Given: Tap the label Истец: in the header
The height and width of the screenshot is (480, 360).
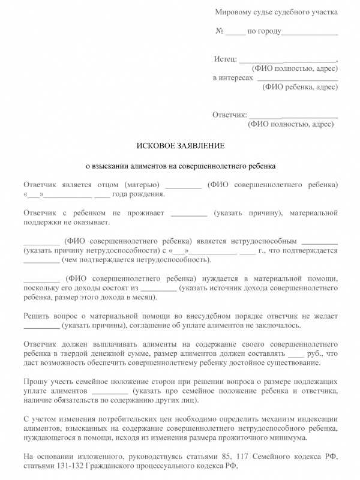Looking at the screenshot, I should tap(225, 59).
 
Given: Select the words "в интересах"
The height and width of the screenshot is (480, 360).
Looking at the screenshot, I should tap(233, 78).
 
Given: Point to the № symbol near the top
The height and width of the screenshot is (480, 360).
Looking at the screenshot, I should tap(220, 31).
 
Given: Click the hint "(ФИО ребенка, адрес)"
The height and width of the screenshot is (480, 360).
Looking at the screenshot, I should tap(300, 86).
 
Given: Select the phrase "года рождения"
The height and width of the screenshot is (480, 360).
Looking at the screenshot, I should tap(138, 194).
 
